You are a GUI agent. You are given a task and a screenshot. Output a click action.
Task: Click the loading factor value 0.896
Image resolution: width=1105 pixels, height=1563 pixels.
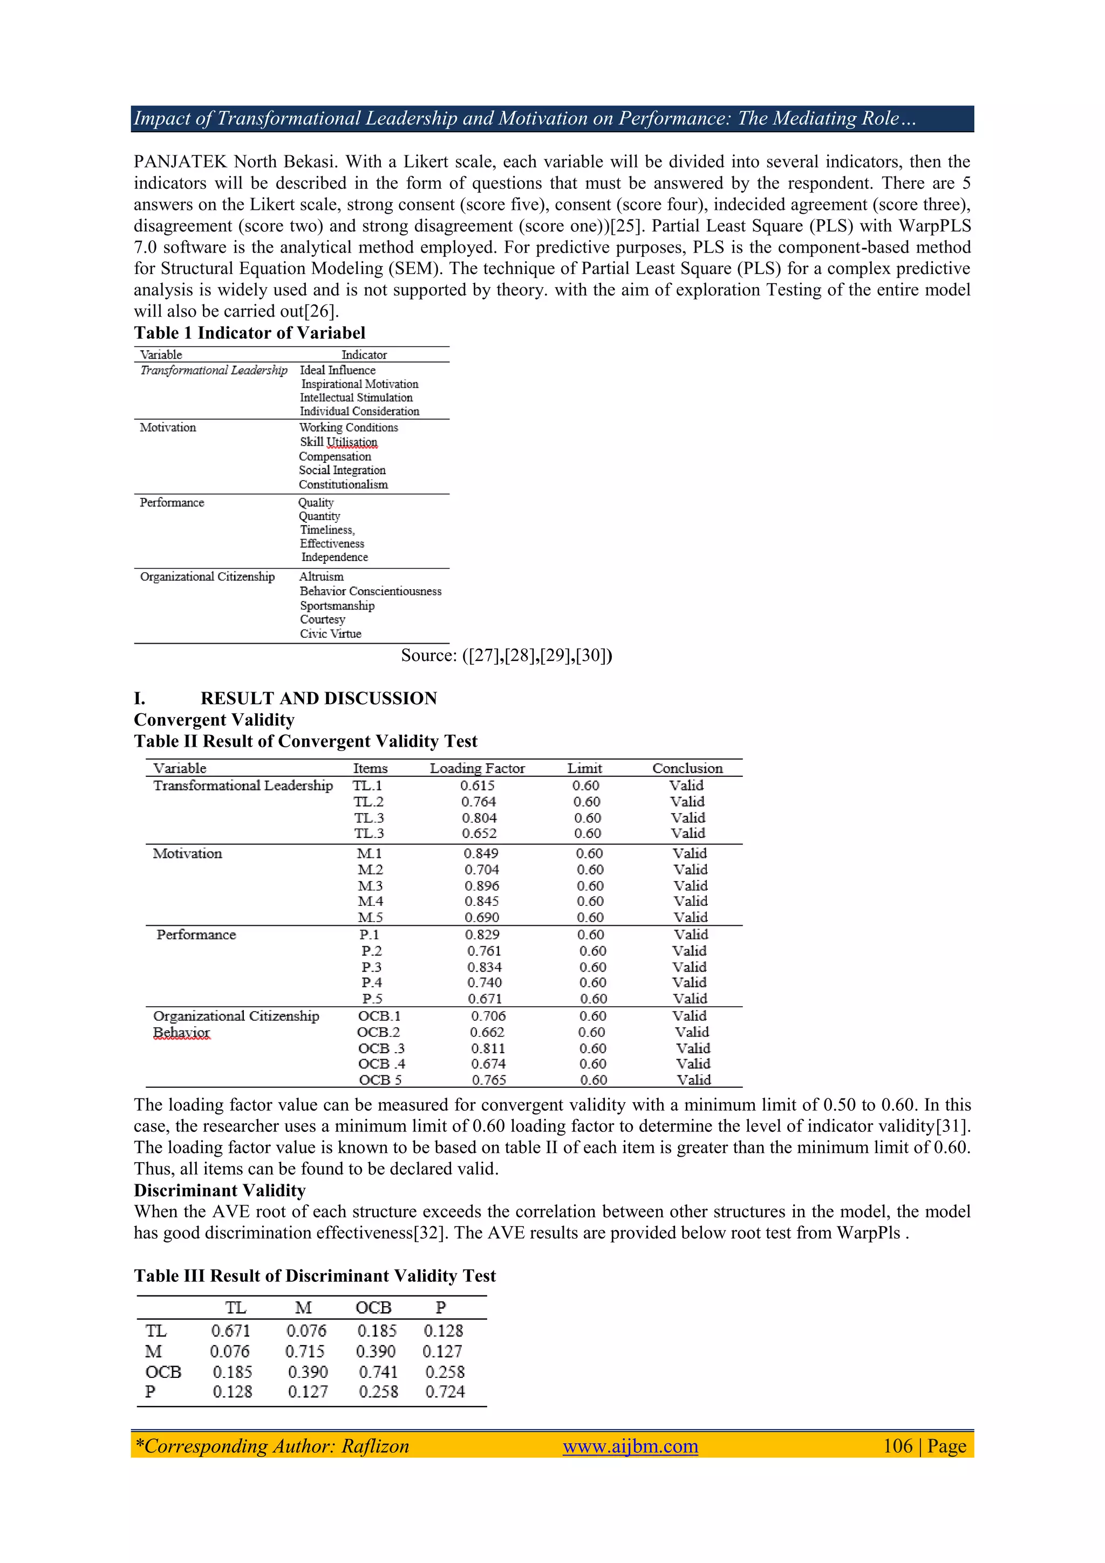pyautogui.click(x=481, y=886)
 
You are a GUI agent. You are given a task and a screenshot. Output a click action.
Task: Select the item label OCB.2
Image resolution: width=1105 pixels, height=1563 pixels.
pyautogui.click(x=379, y=1032)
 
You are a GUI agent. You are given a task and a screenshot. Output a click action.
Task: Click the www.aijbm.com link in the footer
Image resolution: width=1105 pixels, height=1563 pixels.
pyautogui.click(x=630, y=1445)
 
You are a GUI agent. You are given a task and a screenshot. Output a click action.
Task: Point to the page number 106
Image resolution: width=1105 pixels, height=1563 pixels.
pyautogui.click(x=897, y=1445)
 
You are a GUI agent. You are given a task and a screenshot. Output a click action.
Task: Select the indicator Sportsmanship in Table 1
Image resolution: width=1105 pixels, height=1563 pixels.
pyautogui.click(x=337, y=605)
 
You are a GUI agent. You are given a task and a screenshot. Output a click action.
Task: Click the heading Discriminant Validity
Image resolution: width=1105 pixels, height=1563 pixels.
pyautogui.click(x=219, y=1190)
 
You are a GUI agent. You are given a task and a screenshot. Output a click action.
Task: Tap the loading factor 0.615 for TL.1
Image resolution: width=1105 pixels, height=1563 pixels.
pyautogui.click(x=478, y=785)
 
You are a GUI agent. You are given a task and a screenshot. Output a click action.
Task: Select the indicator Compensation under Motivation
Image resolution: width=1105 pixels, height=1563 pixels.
pyautogui.click(x=335, y=456)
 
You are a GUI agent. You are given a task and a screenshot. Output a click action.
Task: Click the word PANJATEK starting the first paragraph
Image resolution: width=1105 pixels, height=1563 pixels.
pyautogui.click(x=180, y=161)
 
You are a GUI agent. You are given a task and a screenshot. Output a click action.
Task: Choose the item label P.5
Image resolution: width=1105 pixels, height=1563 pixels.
pyautogui.click(x=372, y=999)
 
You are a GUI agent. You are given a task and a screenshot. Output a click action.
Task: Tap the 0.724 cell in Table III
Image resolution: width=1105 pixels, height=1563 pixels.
pyautogui.click(x=445, y=1391)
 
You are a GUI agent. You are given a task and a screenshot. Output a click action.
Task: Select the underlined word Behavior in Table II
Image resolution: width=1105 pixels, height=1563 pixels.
pyautogui.click(x=181, y=1032)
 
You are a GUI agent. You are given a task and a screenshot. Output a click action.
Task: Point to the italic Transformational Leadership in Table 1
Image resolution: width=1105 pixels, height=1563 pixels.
pyautogui.click(x=214, y=370)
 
